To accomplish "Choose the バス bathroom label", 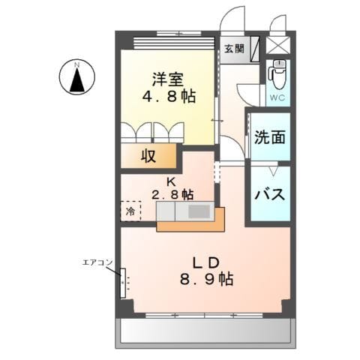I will pyautogui.click(x=268, y=194).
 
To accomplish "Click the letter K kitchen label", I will pyautogui.click(x=171, y=181).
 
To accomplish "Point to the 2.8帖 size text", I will pyautogui.click(x=172, y=194).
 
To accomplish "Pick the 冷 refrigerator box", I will pyautogui.click(x=130, y=211).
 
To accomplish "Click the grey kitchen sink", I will pyautogui.click(x=199, y=212).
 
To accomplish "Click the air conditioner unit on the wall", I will pyautogui.click(x=124, y=283).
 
